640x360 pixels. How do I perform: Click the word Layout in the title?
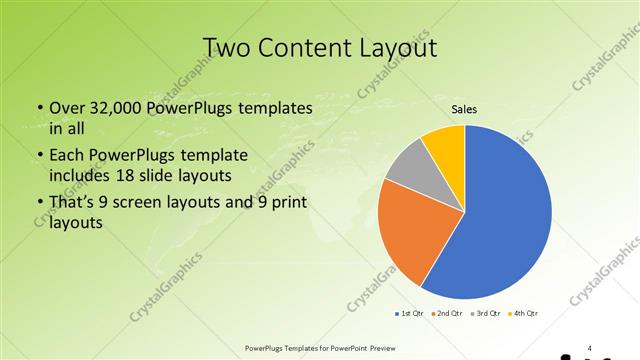click(x=400, y=47)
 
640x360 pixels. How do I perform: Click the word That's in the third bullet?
click(x=72, y=205)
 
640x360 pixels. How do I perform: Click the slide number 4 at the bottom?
click(x=590, y=348)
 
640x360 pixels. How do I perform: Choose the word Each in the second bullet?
click(x=66, y=156)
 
